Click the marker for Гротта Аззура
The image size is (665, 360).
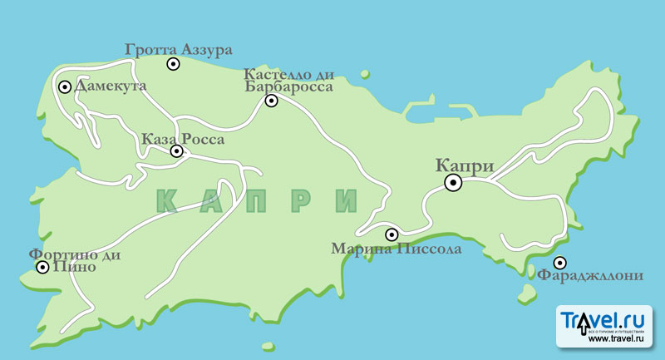pyautogui.click(x=173, y=64)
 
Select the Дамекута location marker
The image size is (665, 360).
pyautogui.click(x=65, y=86)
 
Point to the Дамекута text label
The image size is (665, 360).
pyautogui.click(x=111, y=86)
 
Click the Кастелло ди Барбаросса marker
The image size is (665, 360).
pyautogui.click(x=271, y=101)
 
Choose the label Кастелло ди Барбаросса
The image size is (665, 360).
pyautogui.click(x=289, y=80)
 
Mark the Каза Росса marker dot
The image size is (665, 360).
pyautogui.click(x=177, y=151)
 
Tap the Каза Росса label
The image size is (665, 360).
pyautogui.click(x=183, y=139)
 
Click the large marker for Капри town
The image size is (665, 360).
pyautogui.click(x=453, y=183)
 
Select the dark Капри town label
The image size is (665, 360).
pyautogui.click(x=465, y=165)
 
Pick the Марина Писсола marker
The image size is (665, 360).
pyautogui.click(x=392, y=234)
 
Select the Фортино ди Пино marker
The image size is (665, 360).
pyautogui.click(x=42, y=268)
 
